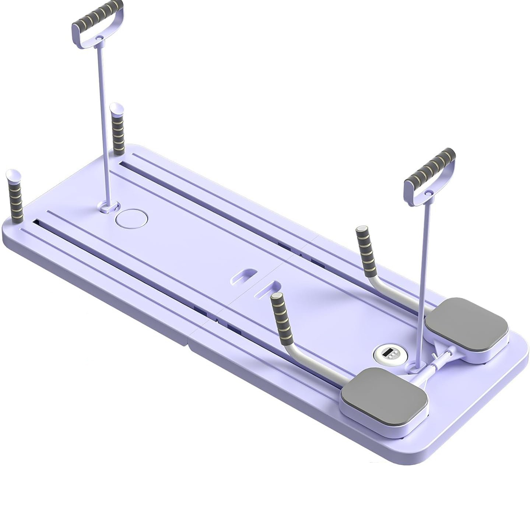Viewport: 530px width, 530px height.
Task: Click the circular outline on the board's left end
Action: click(x=131, y=218)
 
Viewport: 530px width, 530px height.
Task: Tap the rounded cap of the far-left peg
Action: click(x=13, y=174)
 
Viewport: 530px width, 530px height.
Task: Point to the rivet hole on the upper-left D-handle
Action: click(x=98, y=38)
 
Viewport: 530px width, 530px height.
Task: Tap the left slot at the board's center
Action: click(x=244, y=276)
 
